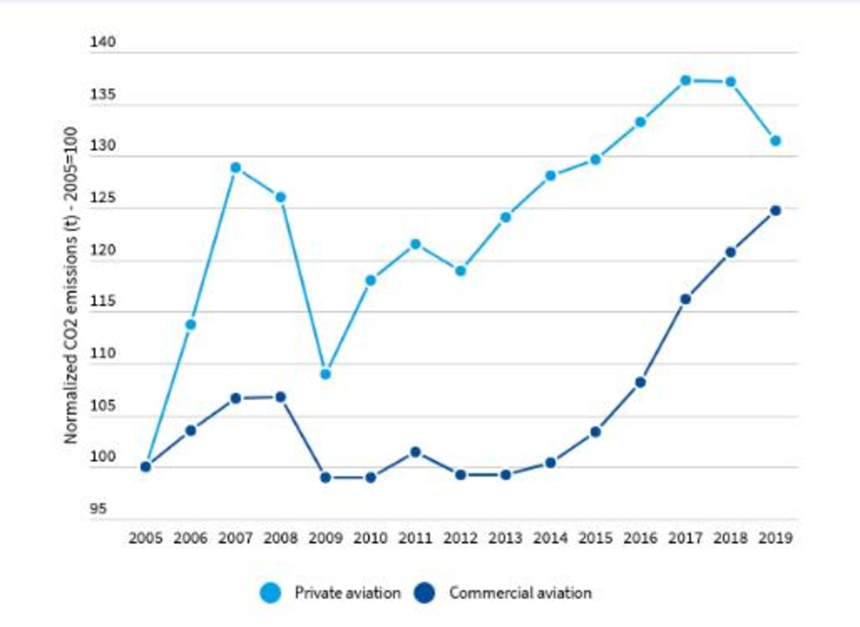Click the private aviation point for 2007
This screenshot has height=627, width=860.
click(236, 168)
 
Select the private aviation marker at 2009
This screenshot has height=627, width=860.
click(326, 374)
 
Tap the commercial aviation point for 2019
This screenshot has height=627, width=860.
click(776, 211)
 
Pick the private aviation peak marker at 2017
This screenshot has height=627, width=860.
click(686, 80)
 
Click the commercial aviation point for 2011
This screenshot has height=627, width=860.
click(415, 452)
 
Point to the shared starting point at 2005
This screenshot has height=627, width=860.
click(146, 466)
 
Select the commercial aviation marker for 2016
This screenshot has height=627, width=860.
click(640, 382)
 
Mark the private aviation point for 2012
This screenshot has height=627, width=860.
click(461, 271)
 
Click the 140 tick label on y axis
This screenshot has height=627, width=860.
click(102, 42)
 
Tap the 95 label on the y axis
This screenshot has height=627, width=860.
click(98, 509)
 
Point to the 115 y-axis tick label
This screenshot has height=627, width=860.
click(102, 301)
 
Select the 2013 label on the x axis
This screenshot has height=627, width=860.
click(505, 538)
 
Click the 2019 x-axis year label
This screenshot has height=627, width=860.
click(775, 538)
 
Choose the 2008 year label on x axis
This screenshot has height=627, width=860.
click(280, 538)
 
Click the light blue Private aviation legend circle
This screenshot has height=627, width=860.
click(270, 593)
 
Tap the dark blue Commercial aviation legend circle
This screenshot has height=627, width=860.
click(424, 593)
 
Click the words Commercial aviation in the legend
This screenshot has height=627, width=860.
click(520, 593)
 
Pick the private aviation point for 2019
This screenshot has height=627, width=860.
click(776, 141)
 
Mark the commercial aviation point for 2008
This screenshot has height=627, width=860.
click(280, 397)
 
